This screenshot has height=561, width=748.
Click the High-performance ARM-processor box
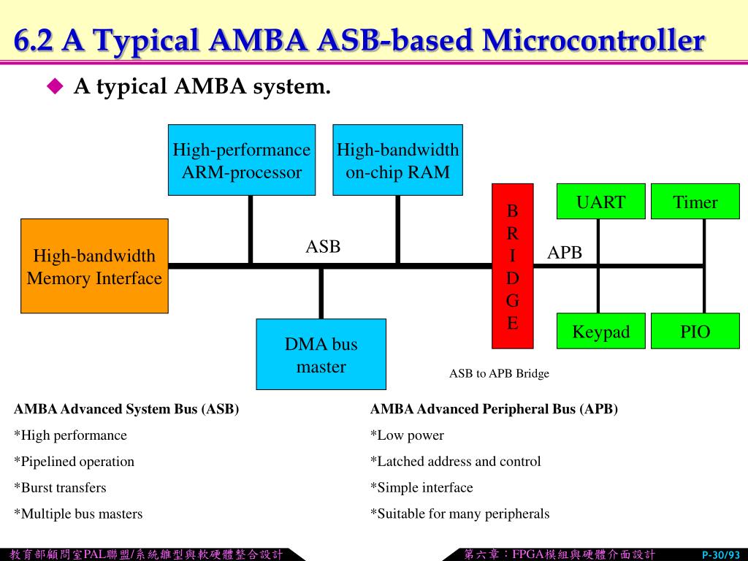click(x=242, y=160)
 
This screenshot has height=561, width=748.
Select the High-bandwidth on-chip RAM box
click(x=398, y=160)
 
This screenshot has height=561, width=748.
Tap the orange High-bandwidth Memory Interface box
click(x=94, y=266)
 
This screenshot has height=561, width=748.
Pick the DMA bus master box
click(x=321, y=354)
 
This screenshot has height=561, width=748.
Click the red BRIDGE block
click(x=513, y=266)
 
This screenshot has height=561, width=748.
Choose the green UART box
click(x=601, y=202)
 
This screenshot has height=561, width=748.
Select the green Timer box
click(x=695, y=202)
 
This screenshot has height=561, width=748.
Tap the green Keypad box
click(x=601, y=331)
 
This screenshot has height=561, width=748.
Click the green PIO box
click(x=695, y=331)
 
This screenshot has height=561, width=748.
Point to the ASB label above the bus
click(x=323, y=247)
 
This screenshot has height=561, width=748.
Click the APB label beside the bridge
click(x=565, y=252)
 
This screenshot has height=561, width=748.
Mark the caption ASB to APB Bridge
click(x=499, y=373)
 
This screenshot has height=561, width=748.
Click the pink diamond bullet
click(x=56, y=86)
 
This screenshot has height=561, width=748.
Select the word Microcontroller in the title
click(x=593, y=40)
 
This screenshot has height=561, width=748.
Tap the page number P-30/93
click(x=721, y=555)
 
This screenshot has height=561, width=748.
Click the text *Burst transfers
click(x=60, y=487)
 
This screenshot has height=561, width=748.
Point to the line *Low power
click(x=407, y=435)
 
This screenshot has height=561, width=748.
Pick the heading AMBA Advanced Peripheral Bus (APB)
click(x=494, y=409)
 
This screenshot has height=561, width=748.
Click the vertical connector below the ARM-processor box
click(x=251, y=229)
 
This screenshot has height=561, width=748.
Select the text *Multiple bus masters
click(x=78, y=514)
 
